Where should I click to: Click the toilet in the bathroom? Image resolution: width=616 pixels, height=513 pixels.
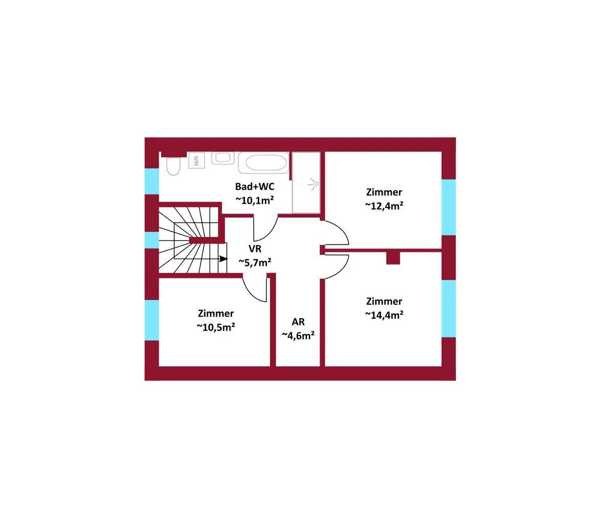click(173, 166)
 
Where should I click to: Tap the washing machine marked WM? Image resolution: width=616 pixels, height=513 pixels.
click(197, 161)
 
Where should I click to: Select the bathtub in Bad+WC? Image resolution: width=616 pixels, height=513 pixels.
click(263, 163)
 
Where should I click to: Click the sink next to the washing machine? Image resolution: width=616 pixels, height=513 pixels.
click(223, 157)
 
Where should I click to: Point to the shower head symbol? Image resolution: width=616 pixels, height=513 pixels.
click(314, 184)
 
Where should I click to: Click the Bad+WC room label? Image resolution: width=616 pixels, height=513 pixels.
click(255, 187)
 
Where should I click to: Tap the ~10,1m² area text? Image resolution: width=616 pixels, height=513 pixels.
click(255, 200)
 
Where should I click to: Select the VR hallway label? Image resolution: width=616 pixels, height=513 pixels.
click(255, 249)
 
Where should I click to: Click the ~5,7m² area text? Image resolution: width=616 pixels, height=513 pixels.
click(255, 262)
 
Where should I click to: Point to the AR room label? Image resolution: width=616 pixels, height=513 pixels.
click(298, 322)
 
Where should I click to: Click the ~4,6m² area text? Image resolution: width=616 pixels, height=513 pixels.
click(298, 335)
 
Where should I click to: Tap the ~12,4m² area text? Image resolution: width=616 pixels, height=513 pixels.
click(384, 206)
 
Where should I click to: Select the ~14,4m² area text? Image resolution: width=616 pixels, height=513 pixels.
click(384, 315)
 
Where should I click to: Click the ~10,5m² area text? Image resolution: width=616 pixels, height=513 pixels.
click(216, 327)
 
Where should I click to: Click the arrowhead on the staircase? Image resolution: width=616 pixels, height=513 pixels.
click(223, 259)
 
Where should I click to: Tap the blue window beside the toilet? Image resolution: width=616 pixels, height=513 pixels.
click(151, 181)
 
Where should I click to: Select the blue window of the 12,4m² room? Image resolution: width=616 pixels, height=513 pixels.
click(449, 207)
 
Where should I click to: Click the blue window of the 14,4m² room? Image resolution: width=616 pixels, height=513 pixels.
click(449, 308)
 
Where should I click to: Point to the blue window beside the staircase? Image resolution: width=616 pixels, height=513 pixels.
click(151, 240)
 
